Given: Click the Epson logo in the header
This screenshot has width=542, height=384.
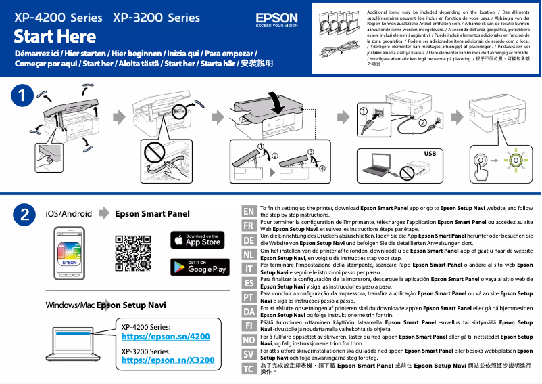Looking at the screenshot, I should tap(276, 19).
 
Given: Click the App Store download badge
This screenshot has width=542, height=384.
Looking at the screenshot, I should tap(197, 240).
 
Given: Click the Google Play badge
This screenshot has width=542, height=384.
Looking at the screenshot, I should tap(197, 267).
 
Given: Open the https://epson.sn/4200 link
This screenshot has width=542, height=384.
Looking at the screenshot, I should tap(165, 336).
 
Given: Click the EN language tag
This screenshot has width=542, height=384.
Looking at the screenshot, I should tap(248, 212).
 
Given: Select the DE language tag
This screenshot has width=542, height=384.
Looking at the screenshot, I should tap(248, 240).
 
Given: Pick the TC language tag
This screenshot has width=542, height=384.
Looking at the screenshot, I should tap(248, 368).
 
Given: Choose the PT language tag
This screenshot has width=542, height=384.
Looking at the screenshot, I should tap(248, 297).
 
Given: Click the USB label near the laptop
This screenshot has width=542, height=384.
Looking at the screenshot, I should tap(430, 154).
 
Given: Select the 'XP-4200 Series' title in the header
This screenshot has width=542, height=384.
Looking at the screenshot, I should tap(58, 16).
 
